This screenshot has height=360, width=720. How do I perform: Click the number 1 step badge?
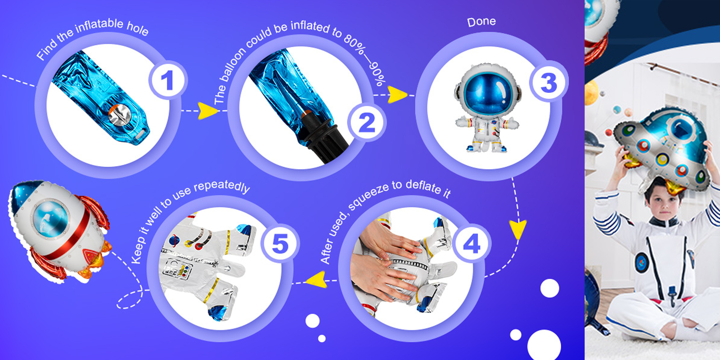(x=168, y=80)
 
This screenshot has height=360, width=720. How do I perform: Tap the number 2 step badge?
(x=367, y=122)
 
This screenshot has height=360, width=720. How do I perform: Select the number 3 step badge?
(x=549, y=82)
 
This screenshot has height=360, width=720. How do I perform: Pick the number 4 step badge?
(x=472, y=244)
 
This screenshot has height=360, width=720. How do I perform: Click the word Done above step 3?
(x=481, y=22)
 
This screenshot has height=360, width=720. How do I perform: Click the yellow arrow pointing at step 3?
(x=397, y=95)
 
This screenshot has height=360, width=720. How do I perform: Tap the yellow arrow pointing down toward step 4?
(x=518, y=230)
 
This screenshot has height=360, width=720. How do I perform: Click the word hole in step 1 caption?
(x=137, y=28)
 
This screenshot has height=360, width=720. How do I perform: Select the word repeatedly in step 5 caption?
(x=221, y=186)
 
